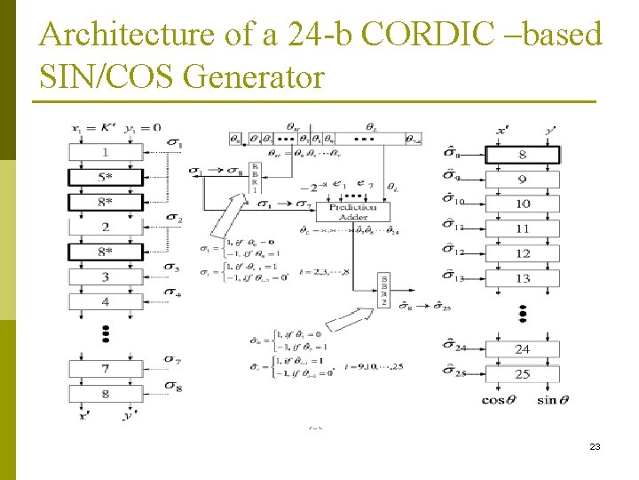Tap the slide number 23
[595, 446]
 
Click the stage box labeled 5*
[105, 177]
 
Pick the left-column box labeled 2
[105, 228]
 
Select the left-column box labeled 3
[105, 277]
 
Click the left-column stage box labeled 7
[105, 368]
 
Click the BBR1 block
[254, 178]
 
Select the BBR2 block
[383, 291]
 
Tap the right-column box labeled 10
[524, 204]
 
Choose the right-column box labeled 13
[524, 278]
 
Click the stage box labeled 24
[524, 349]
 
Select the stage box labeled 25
[524, 374]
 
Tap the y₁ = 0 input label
[141, 127]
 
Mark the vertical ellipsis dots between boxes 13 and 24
[524, 314]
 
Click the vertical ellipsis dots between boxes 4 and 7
[105, 334]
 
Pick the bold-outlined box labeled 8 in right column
[524, 154]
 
